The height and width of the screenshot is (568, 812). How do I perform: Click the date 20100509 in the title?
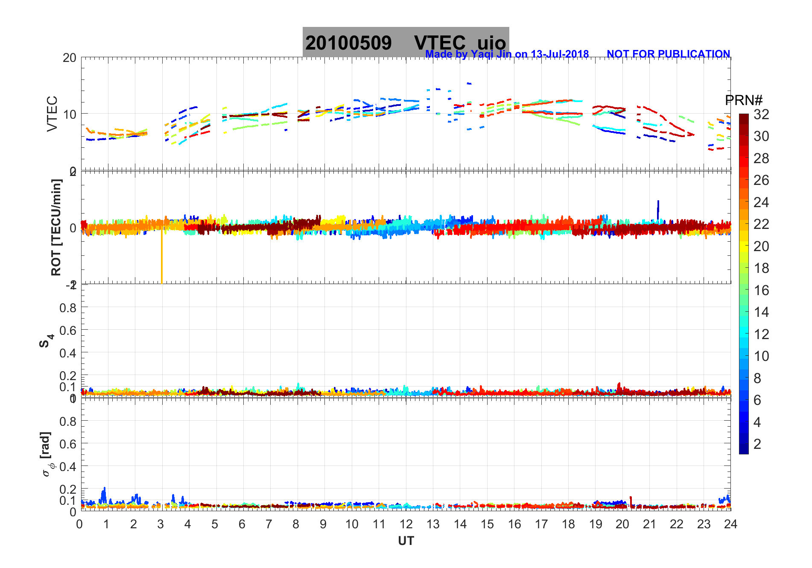[348, 43]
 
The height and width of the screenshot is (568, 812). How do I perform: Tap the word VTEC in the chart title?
[440, 43]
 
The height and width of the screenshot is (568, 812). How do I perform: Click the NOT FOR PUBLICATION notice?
[668, 54]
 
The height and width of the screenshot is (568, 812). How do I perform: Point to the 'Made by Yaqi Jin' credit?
[507, 54]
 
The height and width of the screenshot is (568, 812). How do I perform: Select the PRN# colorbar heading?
[743, 100]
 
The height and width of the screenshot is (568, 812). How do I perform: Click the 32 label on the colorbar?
[761, 114]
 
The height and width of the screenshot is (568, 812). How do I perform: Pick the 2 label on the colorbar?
[757, 444]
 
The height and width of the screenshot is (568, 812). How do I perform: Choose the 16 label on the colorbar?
[761, 290]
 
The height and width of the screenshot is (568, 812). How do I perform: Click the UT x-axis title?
[406, 541]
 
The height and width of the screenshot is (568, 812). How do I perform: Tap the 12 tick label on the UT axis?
[406, 524]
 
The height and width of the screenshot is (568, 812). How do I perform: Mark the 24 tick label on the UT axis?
[730, 524]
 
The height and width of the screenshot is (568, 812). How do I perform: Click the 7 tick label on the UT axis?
[269, 524]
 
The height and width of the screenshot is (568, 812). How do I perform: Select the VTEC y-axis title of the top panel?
[52, 114]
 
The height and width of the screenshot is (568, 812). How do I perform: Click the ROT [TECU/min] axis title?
[56, 227]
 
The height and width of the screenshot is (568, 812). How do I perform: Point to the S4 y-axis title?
[46, 341]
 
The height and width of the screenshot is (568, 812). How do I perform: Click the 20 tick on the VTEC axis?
[70, 58]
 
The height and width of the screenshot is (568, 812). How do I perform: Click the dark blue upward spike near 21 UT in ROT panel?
[658, 208]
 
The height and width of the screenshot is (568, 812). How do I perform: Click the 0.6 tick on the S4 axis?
[68, 330]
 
